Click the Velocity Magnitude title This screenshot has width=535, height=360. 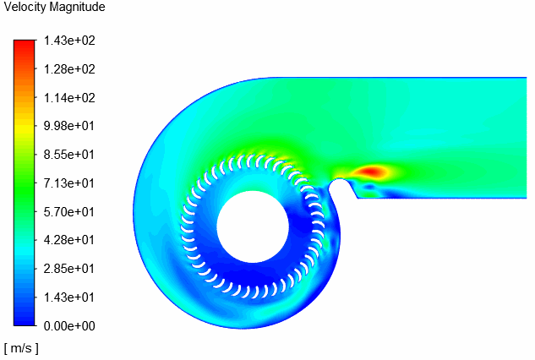[x=55, y=8]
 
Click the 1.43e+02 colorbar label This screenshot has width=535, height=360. [x=69, y=41]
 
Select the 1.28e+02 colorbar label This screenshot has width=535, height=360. [x=69, y=69]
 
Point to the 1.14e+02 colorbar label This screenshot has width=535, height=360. [x=69, y=98]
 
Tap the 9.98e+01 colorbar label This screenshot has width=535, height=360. [x=69, y=126]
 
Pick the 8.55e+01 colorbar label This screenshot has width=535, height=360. [x=69, y=155]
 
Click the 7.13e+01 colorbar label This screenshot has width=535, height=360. [x=69, y=183]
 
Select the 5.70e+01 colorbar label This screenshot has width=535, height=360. [x=69, y=212]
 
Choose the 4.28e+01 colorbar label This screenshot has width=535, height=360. [x=69, y=240]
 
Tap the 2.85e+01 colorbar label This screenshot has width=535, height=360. [x=69, y=269]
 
